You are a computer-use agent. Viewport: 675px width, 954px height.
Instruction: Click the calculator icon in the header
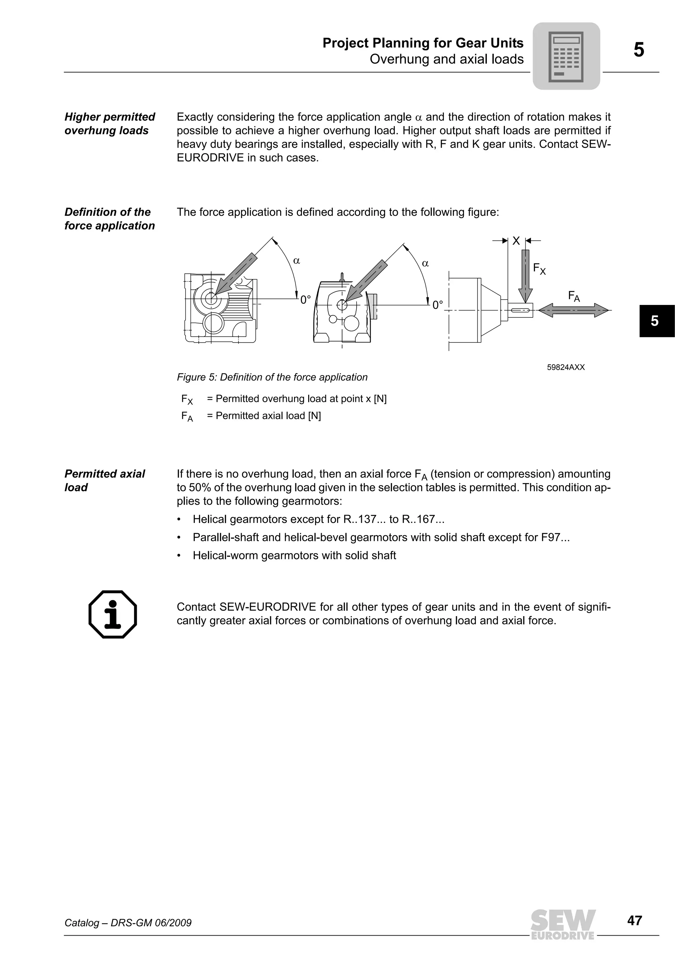tap(566, 56)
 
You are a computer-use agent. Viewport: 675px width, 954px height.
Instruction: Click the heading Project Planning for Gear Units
tap(423, 43)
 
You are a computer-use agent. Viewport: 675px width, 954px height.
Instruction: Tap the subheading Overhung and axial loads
tap(446, 59)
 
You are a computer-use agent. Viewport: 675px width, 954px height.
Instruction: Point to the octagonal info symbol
tap(113, 614)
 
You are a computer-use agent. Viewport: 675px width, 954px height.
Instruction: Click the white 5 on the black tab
tap(655, 321)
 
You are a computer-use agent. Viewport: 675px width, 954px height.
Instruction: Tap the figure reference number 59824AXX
tap(566, 367)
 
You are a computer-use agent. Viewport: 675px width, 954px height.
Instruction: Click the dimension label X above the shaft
tap(516, 241)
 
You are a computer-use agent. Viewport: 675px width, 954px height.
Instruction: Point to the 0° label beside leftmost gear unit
tap(306, 300)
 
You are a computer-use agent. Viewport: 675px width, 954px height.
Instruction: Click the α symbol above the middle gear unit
tap(425, 263)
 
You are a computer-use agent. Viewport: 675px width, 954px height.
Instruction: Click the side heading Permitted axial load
tap(104, 480)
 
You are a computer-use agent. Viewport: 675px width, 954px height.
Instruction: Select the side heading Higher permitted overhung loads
tap(109, 123)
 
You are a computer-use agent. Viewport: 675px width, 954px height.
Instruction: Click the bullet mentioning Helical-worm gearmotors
tap(294, 555)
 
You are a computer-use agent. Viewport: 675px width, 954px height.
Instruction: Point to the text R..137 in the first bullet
tap(360, 519)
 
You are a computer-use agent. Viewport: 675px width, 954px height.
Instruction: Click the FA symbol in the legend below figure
tap(187, 416)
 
